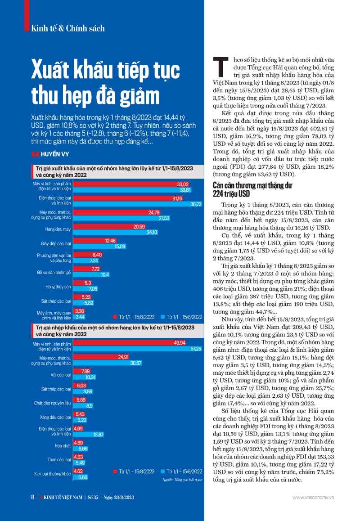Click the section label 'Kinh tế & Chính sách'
tap(68, 28)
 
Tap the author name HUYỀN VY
tap(55, 154)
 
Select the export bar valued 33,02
tap(131, 184)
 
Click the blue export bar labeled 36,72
tap(138, 204)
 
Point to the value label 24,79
tap(154, 213)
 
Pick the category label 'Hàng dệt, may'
tap(58, 229)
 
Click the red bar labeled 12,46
tap(95, 241)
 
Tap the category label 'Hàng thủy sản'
tap(58, 287)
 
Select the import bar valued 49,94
tap(130, 343)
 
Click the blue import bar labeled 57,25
tap(138, 349)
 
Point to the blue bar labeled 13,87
tap(89, 434)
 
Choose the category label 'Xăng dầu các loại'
tap(55, 417)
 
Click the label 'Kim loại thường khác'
tap(53, 474)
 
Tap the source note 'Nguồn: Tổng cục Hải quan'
tap(183, 480)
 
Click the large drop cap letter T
tap(220, 67)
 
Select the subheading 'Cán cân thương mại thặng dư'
tap(252, 185)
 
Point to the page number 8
tap(32, 497)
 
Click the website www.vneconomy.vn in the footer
tap(313, 498)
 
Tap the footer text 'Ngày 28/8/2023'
tap(119, 498)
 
